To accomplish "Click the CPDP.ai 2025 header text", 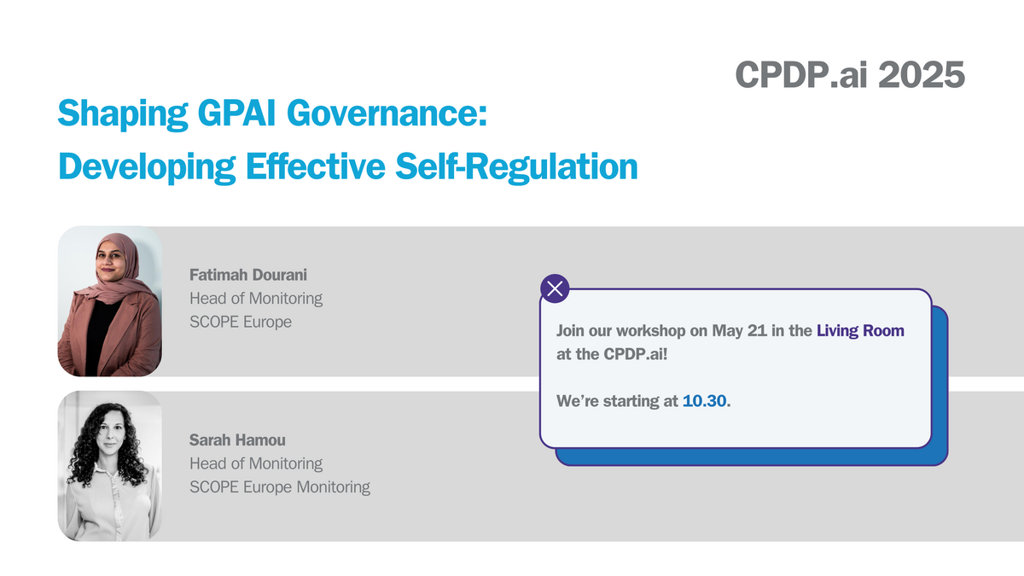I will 850,75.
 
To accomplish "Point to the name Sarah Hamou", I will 237,440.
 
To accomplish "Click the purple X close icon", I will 556,289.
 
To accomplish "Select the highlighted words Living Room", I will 860,330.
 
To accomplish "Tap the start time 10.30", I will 705,400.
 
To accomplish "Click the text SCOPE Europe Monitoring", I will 280,487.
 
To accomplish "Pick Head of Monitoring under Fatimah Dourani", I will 256,299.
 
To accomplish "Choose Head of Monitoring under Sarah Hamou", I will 256,464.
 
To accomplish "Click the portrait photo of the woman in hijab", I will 109,301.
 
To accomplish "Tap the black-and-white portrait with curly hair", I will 109,466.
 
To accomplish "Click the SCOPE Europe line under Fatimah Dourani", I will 241,323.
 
